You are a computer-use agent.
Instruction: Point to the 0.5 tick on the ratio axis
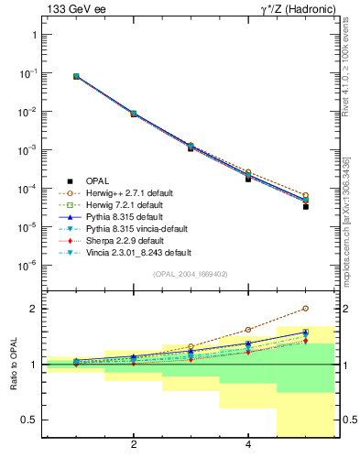(x=27, y=420)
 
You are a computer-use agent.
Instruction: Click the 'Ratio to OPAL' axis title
(x=12, y=365)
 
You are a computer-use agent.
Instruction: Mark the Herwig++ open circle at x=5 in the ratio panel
(x=305, y=309)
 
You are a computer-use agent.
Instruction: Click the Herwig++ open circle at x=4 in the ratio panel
(x=248, y=330)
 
